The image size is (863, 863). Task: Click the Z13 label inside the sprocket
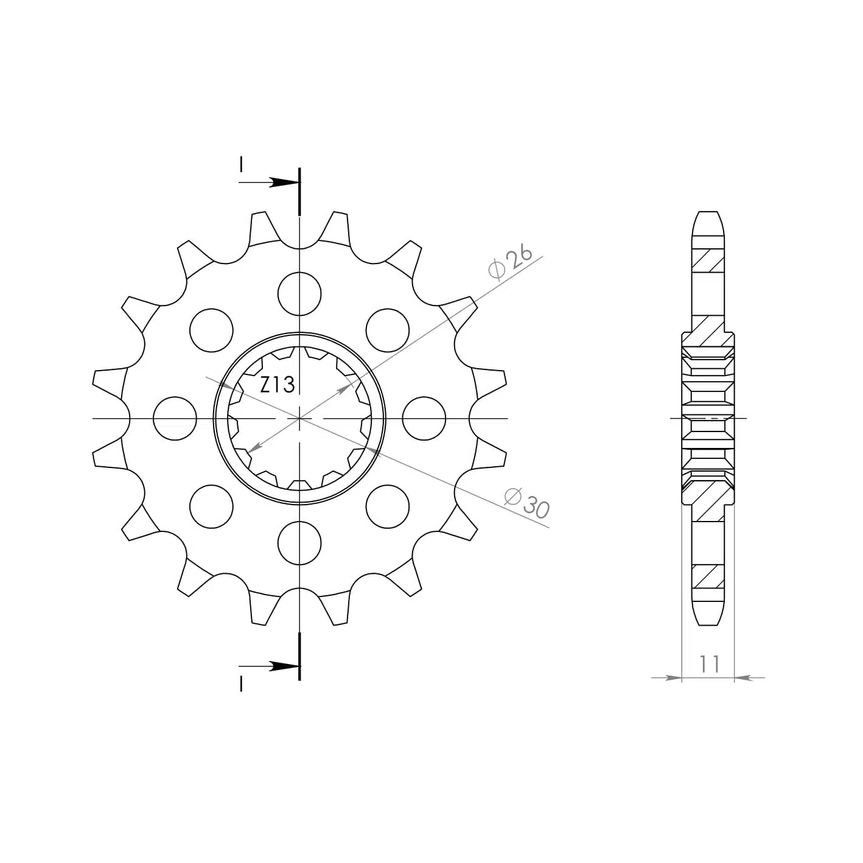point(277,385)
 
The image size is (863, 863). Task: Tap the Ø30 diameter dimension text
point(526,503)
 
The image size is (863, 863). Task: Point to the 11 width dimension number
point(710,664)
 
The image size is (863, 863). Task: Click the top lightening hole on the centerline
point(299,294)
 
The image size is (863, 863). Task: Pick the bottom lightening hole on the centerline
point(299,543)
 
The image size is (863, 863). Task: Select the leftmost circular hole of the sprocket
point(175,418)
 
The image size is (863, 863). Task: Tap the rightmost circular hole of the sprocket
point(424,418)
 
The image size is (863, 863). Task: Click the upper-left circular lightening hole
point(211,330)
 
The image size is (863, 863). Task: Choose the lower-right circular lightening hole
point(388,506)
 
